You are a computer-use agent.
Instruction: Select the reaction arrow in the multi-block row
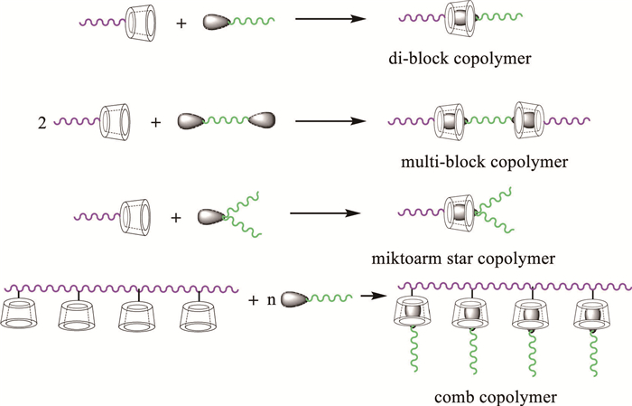330,119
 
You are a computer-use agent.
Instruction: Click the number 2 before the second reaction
42,121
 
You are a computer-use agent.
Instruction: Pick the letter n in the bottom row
270,298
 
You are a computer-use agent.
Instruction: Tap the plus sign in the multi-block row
155,120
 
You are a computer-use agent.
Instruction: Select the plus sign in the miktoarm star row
176,217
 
